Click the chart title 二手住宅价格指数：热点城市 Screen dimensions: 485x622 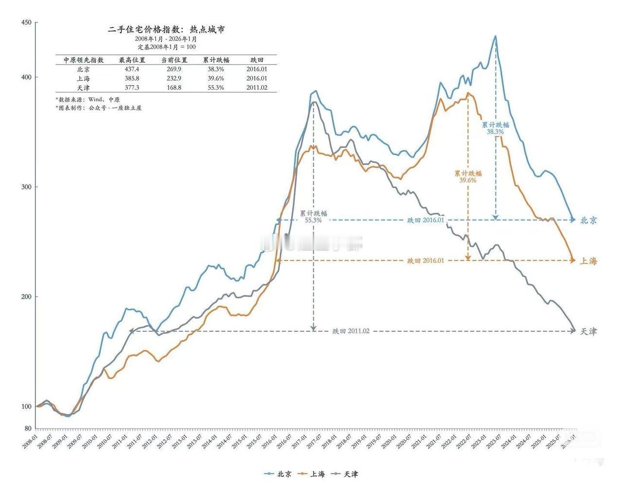[x=166, y=30]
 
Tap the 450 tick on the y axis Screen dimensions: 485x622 [x=26, y=22]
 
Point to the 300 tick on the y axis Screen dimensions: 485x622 [x=26, y=187]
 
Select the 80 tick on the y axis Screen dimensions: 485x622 [x=28, y=429]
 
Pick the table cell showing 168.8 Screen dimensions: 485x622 [x=173, y=88]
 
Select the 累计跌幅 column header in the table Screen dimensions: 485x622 [x=216, y=60]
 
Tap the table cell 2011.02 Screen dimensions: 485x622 [x=257, y=88]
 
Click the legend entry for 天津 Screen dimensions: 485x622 [x=346, y=473]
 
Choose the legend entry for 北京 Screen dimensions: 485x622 [x=279, y=473]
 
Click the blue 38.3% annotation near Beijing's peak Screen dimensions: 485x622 [x=495, y=131]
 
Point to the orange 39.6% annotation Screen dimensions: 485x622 [x=467, y=180]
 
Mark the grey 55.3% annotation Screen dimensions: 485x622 [x=313, y=220]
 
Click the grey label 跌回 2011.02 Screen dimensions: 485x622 [x=351, y=331]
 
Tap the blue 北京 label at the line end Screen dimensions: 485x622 [x=588, y=220]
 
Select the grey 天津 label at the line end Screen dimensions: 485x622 [x=588, y=331]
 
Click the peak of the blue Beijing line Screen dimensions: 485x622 [x=495, y=36]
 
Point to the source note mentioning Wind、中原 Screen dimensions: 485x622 [x=87, y=99]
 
